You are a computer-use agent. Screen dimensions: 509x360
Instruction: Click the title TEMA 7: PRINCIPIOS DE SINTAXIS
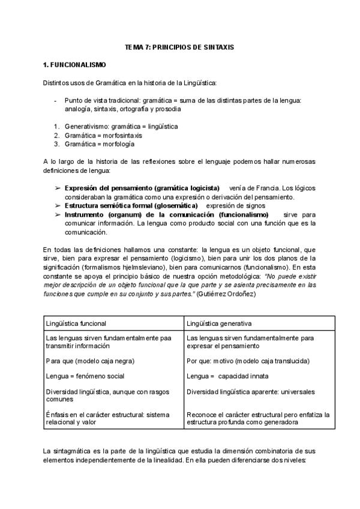coord(179,46)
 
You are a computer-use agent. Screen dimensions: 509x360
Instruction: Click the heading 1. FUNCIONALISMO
coord(75,64)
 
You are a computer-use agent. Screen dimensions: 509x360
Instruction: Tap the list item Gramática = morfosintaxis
coord(103,135)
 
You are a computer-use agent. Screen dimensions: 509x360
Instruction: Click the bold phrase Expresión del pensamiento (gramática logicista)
coord(142,188)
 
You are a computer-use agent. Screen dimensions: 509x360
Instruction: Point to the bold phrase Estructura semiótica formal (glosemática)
coord(131,205)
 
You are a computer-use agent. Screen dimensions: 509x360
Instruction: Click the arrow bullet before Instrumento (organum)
coord(58,214)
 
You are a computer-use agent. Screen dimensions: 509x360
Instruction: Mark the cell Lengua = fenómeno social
coord(85,376)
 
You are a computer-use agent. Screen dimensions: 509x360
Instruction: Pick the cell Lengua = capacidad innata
coord(227,376)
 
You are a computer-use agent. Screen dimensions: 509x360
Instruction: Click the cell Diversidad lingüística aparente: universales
coord(250,391)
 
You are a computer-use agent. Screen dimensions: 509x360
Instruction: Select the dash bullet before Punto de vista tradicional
coord(55,101)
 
